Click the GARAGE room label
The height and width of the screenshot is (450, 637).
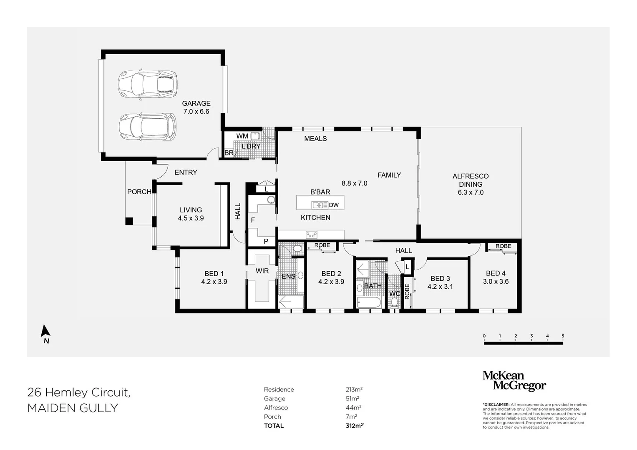coord(196,103)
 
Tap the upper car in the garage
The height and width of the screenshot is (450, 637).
coord(148,84)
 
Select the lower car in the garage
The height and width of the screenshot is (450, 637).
coord(147,127)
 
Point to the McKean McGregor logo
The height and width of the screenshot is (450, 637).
coord(514,381)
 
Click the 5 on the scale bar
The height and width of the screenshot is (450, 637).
coord(563,336)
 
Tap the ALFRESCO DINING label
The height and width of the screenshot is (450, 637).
coord(471,180)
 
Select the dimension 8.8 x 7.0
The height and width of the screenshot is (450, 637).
coord(354,183)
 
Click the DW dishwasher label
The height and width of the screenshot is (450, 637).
coord(334,205)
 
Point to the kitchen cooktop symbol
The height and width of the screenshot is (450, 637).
coord(311,235)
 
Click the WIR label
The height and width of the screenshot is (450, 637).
coord(262,271)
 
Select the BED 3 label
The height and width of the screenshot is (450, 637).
coord(440,279)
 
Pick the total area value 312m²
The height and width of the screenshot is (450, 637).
coord(355,425)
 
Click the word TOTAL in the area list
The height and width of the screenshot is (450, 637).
coord(274,425)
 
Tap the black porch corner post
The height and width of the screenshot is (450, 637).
coord(129,221)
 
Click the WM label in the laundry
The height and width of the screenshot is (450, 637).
coord(242,136)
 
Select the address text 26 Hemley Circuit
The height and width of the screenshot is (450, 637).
coord(79,392)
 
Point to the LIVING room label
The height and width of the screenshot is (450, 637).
coord(191,210)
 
